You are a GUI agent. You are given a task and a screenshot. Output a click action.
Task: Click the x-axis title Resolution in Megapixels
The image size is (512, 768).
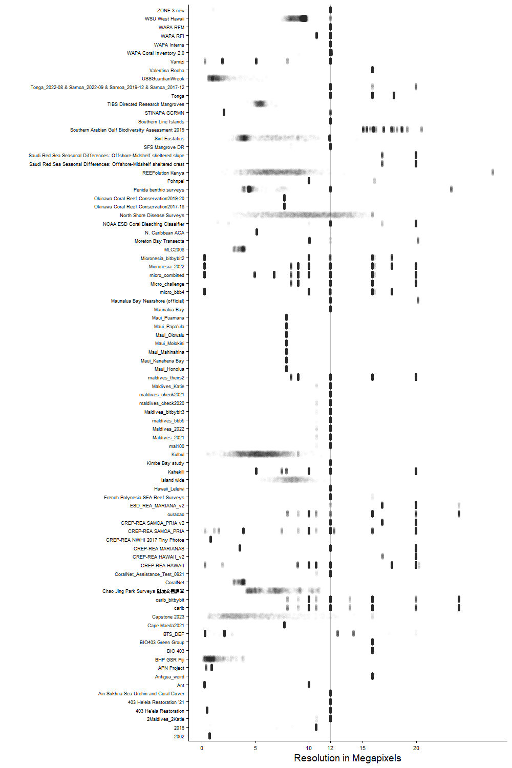point(347,758)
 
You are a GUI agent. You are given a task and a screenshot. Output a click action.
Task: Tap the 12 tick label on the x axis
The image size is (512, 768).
point(330,748)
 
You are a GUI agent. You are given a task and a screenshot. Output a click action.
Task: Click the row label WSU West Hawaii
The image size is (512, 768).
point(164,19)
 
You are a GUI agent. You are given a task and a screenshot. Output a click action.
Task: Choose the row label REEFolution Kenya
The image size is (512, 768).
point(163,173)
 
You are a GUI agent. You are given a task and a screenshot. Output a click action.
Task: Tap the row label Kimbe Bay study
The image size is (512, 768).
point(165,463)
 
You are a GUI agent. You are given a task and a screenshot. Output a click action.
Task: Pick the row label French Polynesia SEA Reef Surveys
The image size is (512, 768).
point(144,498)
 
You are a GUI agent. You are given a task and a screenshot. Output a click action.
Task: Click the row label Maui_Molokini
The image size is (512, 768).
point(169,344)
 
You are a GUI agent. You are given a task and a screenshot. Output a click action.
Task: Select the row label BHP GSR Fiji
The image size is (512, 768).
point(169,660)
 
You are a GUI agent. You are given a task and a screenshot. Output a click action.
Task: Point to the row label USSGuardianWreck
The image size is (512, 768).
point(163,79)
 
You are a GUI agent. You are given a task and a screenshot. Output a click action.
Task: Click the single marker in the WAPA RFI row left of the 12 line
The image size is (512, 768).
point(316,36)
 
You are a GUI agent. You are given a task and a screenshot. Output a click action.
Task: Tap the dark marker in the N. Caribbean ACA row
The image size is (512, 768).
point(257,232)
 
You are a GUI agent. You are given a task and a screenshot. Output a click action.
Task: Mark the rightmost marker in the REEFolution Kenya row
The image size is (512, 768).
point(493,173)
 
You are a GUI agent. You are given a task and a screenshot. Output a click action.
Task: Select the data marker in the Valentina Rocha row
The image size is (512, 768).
point(372,70)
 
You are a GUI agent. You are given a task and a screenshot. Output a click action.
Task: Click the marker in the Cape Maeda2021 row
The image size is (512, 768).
point(284,625)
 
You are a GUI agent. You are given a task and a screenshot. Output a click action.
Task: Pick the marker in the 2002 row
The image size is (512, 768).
point(209,736)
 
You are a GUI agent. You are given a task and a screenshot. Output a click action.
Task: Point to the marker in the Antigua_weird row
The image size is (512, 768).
point(372,676)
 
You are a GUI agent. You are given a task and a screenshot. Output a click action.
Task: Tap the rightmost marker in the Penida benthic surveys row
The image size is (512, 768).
point(451,189)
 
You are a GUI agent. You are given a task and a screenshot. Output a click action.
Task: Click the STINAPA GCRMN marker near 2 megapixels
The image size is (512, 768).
point(224,113)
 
